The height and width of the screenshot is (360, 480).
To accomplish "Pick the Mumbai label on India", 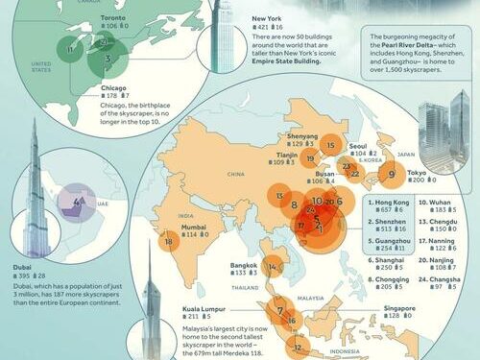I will tap(197, 225).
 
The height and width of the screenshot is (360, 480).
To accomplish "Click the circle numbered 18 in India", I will tap(170, 242).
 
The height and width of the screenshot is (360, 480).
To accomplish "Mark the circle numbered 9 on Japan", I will tap(392, 175).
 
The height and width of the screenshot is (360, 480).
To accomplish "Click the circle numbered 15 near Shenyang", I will tap(330, 146).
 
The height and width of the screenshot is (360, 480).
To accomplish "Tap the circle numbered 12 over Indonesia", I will tap(299, 348).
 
